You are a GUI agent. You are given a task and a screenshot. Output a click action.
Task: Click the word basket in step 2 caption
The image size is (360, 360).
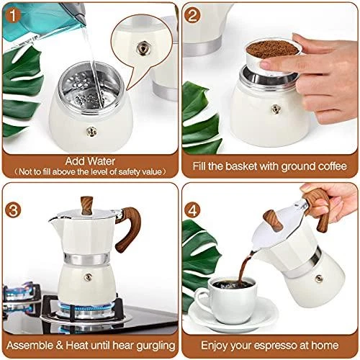coord(248,166)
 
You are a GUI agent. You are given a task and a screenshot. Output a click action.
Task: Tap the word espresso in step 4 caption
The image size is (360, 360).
coord(276,346)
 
